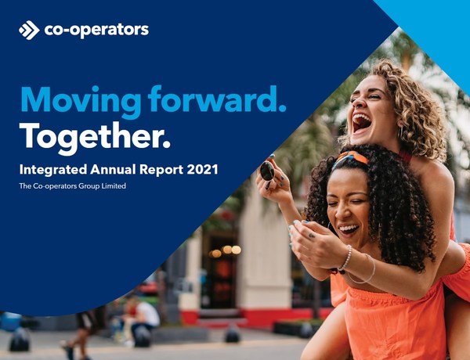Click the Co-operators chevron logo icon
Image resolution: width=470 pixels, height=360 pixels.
tap(29, 31)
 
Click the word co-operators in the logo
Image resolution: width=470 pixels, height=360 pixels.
tap(96, 31)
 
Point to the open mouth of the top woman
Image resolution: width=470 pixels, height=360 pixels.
tap(361, 122)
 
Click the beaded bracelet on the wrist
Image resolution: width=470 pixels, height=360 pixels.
tap(345, 257)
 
